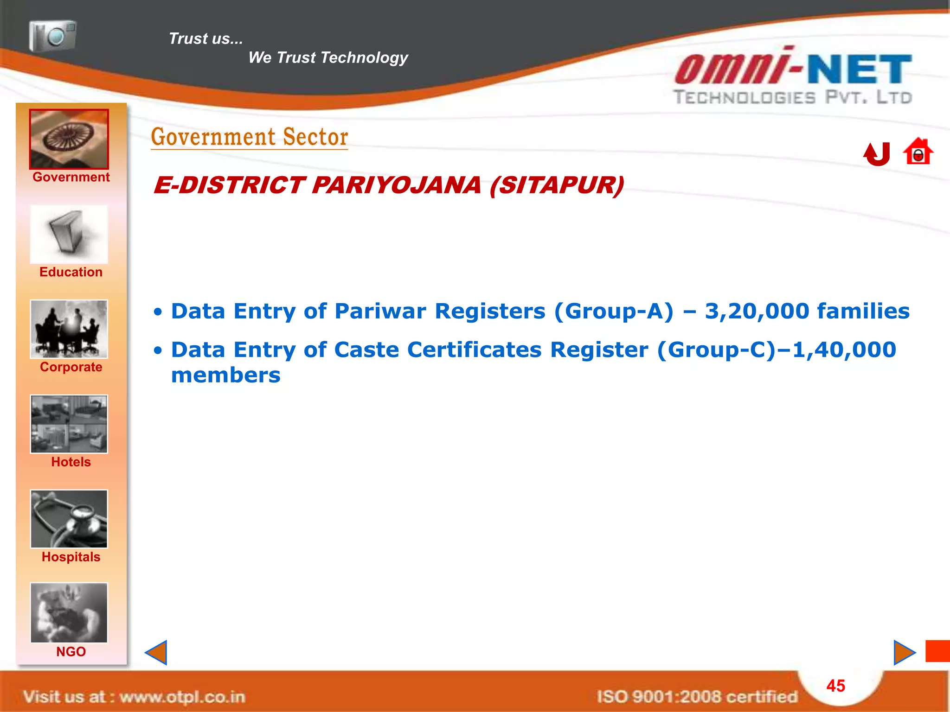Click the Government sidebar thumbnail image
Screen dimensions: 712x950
point(69,139)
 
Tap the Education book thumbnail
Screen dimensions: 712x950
point(69,235)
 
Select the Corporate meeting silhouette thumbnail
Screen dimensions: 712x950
point(69,329)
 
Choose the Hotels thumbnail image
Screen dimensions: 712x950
point(69,424)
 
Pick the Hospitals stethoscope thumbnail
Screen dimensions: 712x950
point(69,519)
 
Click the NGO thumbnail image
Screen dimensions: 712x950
point(69,613)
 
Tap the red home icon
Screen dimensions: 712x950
point(918,152)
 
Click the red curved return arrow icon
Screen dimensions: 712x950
point(877,154)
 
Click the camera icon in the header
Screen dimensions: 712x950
point(52,36)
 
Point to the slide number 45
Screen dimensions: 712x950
point(835,686)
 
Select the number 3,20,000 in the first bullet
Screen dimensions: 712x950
point(757,311)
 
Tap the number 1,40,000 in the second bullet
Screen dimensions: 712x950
point(844,350)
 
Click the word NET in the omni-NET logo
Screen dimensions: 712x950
point(860,70)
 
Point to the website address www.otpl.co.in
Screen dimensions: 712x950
point(182,697)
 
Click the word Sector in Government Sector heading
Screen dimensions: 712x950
point(315,137)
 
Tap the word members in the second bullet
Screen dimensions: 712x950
point(226,375)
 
